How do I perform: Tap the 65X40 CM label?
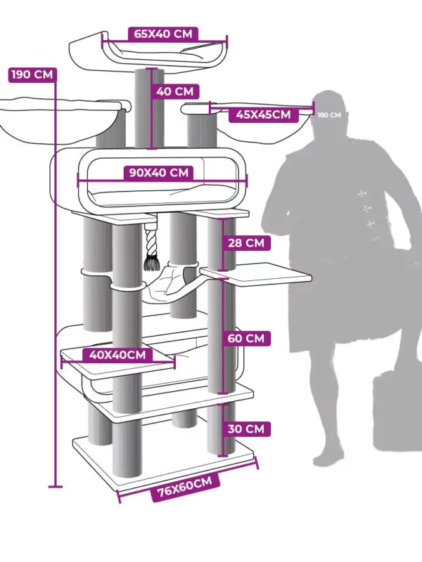click(x=163, y=34)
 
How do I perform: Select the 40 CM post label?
click(x=175, y=91)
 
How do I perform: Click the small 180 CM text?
click(x=328, y=115)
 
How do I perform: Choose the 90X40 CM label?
click(x=158, y=173)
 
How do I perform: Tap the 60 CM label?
click(x=246, y=339)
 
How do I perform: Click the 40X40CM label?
click(x=117, y=355)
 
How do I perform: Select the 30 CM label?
click(x=246, y=429)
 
